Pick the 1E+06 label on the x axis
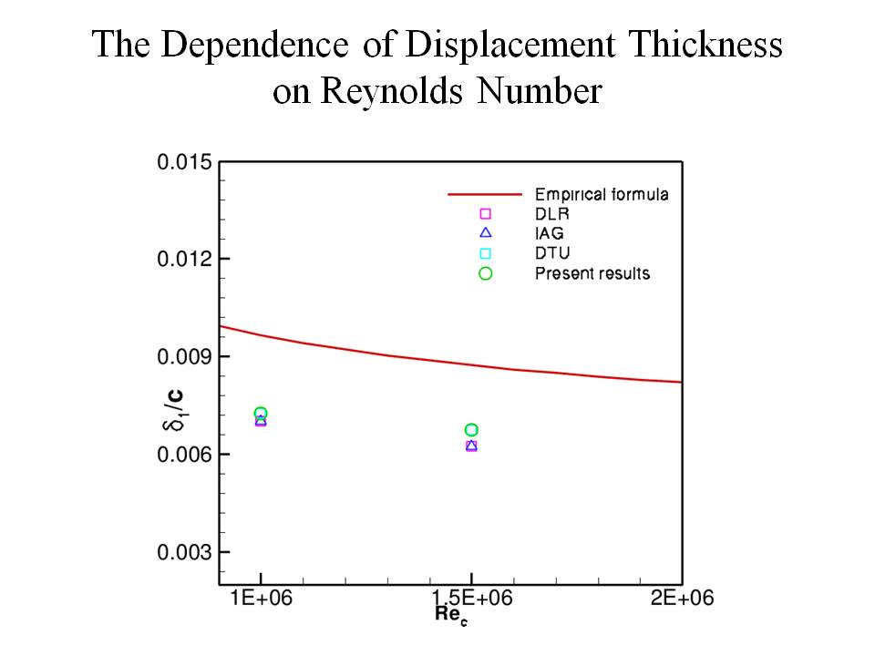[x=261, y=599]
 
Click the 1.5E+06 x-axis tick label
[x=470, y=599]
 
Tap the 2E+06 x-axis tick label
[x=680, y=599]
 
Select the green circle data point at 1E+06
[x=261, y=414]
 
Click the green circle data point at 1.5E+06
[x=471, y=430]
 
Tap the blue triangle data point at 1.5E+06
[x=471, y=446]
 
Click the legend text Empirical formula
[x=602, y=194]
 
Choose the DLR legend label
[x=551, y=214]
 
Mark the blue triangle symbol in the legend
[x=485, y=233]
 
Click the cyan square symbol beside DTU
[x=485, y=253]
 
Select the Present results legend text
[x=592, y=273]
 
